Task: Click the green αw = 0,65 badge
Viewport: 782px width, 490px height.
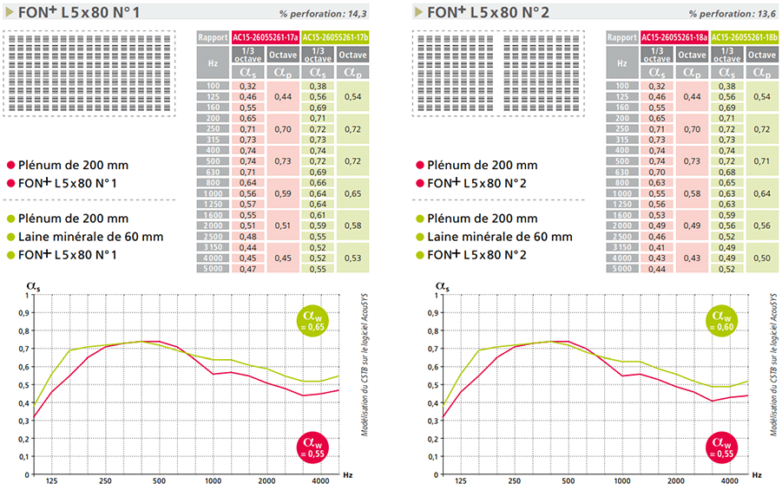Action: tap(314, 321)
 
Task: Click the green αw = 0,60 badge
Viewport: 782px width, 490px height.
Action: tap(723, 321)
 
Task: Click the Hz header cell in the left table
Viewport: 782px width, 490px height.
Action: tap(214, 62)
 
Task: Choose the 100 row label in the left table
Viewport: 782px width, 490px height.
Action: tap(214, 86)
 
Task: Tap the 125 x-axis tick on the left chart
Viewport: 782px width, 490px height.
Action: tap(52, 480)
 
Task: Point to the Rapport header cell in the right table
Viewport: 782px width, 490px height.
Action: tap(621, 37)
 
